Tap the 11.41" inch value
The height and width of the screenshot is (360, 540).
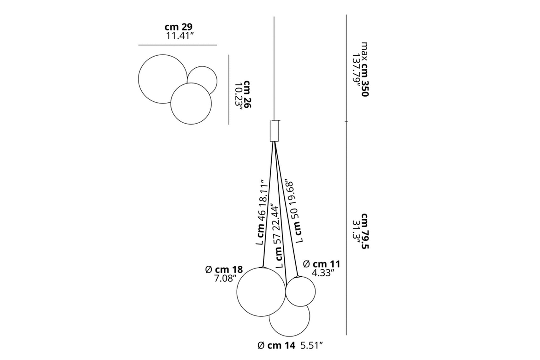(180, 36)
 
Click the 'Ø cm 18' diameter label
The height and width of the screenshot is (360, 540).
(224, 269)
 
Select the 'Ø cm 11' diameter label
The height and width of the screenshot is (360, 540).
(321, 264)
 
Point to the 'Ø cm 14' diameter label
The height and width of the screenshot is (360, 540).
(276, 346)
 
